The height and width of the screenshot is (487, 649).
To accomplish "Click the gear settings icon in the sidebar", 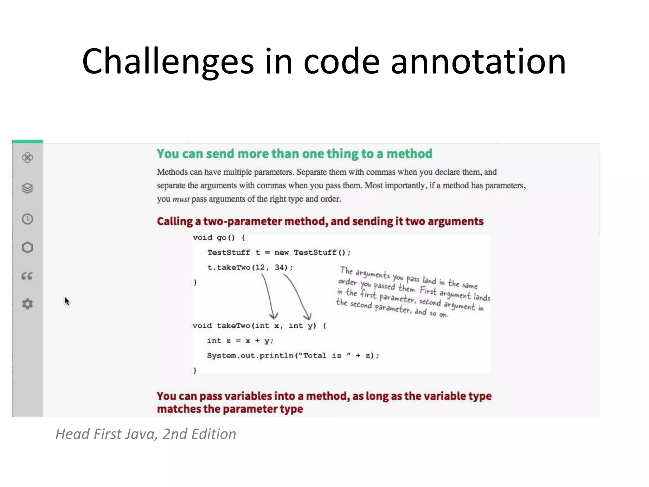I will coord(27,304).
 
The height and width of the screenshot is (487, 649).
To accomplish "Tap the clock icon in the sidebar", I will coord(27,219).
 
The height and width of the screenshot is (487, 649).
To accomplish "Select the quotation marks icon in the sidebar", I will coord(27,276).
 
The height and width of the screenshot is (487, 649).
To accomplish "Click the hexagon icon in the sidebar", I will coord(27,247).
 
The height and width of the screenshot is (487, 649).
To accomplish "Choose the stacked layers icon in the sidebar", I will coord(27,188).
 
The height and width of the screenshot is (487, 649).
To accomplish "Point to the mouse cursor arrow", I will coord(66,301).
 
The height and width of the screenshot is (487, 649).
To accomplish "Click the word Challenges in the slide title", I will coord(168,62).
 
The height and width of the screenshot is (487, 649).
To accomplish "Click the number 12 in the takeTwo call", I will coord(260,267).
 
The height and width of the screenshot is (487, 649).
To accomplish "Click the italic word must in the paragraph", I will coord(181,199).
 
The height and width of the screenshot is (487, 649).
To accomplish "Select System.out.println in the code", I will coord(250,355).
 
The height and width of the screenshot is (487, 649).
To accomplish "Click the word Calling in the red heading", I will coord(175,221).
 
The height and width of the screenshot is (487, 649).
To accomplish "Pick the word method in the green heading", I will coord(409,154).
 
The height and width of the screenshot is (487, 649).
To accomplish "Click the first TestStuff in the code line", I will coord(228,252).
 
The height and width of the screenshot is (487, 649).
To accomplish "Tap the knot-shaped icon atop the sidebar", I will coord(27,157).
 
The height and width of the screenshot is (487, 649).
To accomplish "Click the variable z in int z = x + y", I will coord(228,341).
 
